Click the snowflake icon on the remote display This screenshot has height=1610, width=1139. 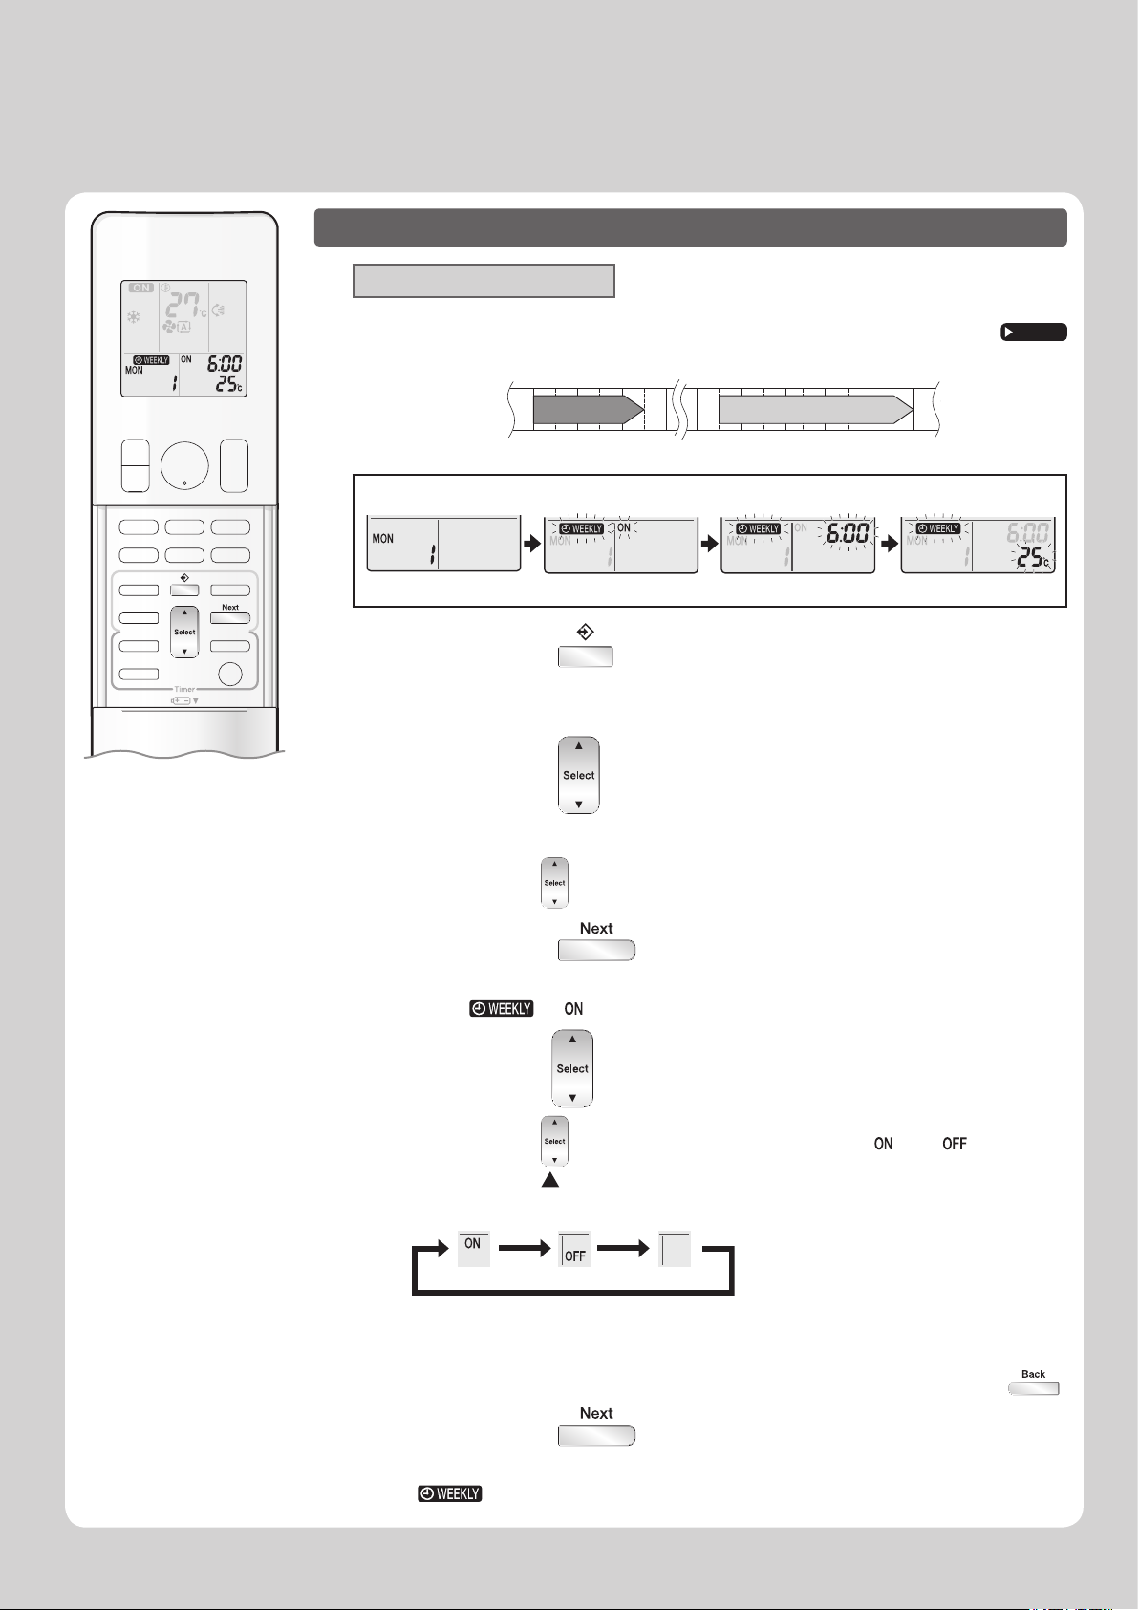134,315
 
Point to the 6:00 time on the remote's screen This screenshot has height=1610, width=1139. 225,364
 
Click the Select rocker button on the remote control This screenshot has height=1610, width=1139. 184,632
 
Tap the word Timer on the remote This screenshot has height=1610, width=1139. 184,689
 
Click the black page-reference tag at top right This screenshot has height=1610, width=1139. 1033,333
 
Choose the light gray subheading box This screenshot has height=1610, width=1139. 484,281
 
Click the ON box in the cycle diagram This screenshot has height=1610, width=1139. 474,1250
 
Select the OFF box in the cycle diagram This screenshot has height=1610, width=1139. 574,1250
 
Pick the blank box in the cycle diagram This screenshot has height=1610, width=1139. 675,1250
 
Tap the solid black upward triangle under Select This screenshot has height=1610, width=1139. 550,1181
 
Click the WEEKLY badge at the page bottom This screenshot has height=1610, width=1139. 449,1493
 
